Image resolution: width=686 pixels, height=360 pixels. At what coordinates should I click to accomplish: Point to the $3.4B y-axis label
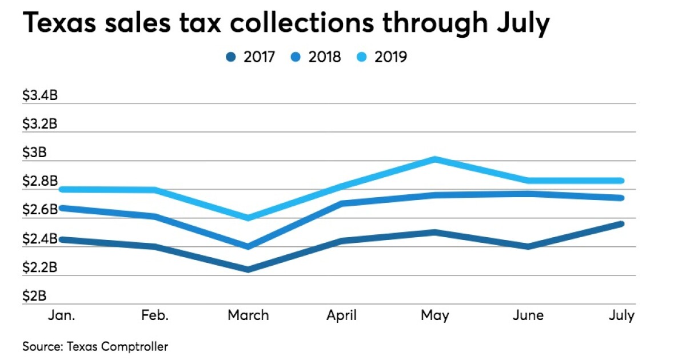pyautogui.click(x=39, y=95)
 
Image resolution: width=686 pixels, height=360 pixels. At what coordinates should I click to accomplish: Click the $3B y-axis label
pyautogui.click(x=34, y=153)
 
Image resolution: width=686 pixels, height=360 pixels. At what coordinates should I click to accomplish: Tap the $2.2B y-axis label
pyautogui.click(x=39, y=267)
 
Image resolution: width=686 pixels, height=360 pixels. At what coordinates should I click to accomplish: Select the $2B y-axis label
pyautogui.click(x=34, y=296)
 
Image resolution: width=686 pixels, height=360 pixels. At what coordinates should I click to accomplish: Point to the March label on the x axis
pyautogui.click(x=248, y=315)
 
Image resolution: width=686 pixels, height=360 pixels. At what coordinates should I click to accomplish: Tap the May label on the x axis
pyautogui.click(x=435, y=315)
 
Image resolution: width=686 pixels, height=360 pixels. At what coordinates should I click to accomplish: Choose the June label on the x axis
pyautogui.click(x=528, y=315)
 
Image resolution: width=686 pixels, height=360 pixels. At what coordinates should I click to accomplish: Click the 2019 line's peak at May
pyautogui.click(x=435, y=159)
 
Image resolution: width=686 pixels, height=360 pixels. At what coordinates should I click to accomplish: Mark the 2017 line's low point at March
pyautogui.click(x=248, y=269)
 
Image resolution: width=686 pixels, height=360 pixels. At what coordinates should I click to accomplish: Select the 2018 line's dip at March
pyautogui.click(x=248, y=246)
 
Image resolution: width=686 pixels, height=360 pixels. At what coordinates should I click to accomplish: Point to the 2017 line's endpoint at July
pyautogui.click(x=621, y=223)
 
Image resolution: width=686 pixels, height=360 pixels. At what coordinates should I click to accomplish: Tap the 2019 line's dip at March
pyautogui.click(x=248, y=218)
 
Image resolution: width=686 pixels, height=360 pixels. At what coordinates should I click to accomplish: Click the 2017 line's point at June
pyautogui.click(x=528, y=246)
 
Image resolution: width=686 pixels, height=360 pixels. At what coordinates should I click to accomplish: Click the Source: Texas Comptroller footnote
pyautogui.click(x=95, y=346)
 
